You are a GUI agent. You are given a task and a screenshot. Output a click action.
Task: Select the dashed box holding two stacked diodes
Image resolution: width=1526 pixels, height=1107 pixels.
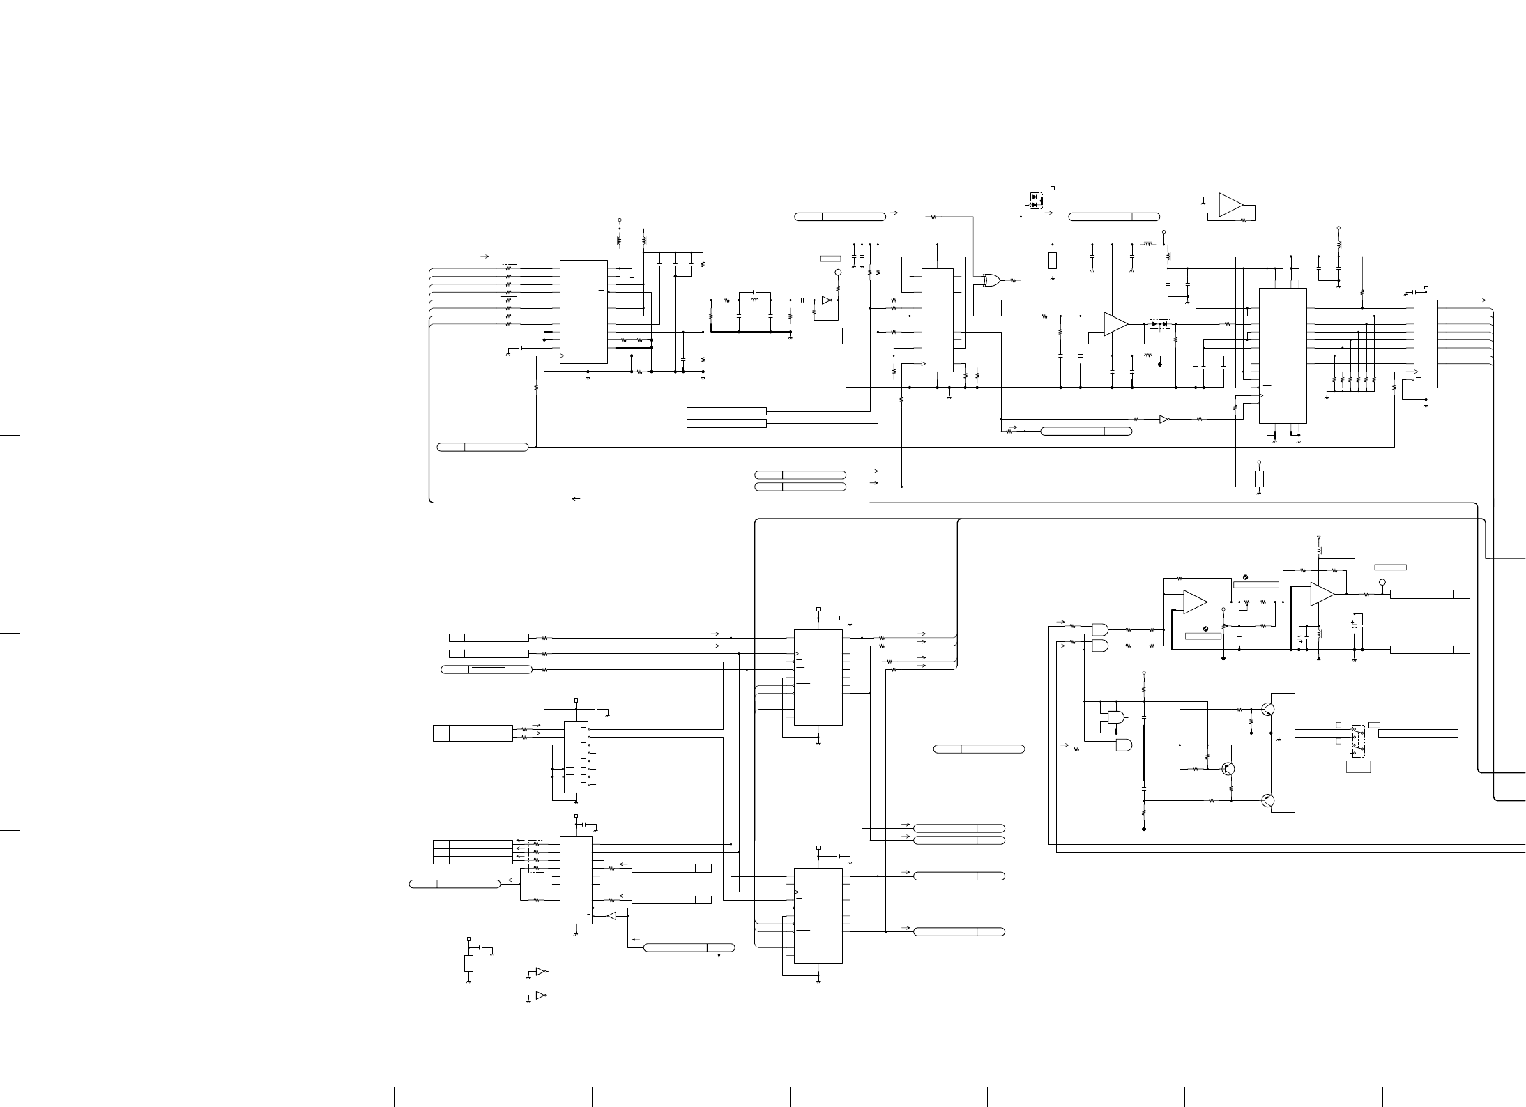tap(1037, 201)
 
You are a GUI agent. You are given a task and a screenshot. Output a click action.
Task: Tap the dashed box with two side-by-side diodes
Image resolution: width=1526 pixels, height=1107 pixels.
tap(1159, 323)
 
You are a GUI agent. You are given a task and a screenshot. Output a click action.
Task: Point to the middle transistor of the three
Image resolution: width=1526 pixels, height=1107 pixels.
tap(1228, 769)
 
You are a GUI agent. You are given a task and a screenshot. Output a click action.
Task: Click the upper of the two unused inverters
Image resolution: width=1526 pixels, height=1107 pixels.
tap(540, 971)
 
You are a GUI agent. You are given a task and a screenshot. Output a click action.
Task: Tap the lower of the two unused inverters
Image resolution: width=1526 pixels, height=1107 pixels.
tap(540, 995)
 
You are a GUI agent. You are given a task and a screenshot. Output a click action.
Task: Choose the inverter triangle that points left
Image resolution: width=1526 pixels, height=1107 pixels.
tap(611, 916)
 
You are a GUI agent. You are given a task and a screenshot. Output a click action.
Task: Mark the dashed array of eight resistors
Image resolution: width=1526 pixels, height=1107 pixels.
tap(508, 296)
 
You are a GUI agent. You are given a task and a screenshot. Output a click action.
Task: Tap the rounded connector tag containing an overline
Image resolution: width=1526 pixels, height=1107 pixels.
tap(487, 669)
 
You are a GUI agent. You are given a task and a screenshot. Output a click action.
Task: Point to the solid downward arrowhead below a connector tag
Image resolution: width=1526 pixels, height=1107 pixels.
tap(719, 954)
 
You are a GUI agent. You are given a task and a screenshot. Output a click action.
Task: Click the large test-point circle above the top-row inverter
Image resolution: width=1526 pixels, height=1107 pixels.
tap(838, 273)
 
